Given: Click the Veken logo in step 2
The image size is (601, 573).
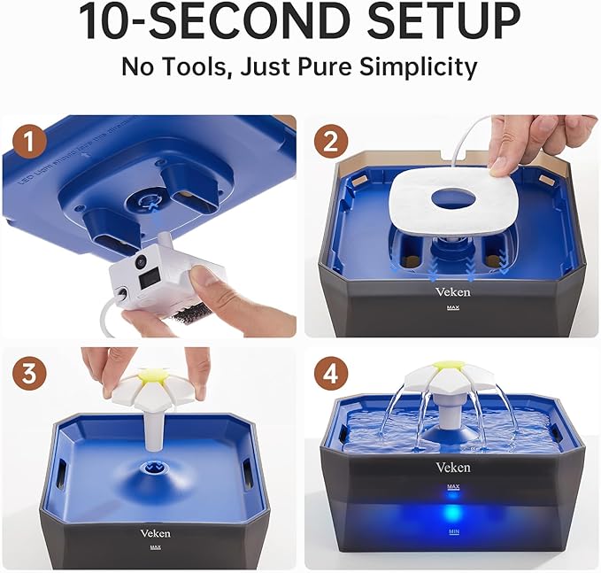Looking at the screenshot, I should coord(452,290).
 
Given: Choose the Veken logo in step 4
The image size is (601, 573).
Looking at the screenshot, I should coord(452,467).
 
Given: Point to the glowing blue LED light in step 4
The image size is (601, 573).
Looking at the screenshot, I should coord(452,513).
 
